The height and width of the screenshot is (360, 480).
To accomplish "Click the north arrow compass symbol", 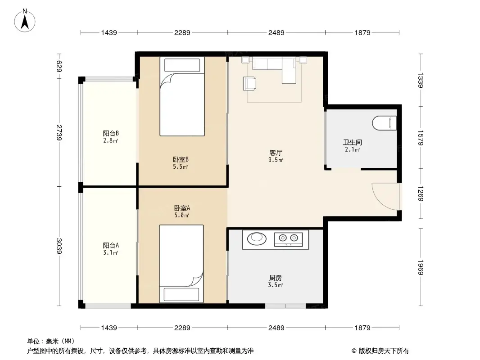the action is point(25,21).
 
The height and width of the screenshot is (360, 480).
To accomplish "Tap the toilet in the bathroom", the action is point(385,123).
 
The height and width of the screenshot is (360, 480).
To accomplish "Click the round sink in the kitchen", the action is point(257,238).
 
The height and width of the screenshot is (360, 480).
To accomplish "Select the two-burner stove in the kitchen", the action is point(288,238).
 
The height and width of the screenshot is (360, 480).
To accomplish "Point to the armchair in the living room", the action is point(249,84).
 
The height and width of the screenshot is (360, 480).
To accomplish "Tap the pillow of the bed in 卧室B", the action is point(182,65).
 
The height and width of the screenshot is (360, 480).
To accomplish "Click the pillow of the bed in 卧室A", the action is point(181,294).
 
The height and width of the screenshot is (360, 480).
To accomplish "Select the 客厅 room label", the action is point(276,153).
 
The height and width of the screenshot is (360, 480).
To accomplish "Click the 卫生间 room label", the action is point(353,142).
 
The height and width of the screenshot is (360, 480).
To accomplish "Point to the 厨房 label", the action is point(276,278).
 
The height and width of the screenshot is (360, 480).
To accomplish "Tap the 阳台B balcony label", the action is point(111,133).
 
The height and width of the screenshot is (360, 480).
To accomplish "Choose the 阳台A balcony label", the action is point(111,245).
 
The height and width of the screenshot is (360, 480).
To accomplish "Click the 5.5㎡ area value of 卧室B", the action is point(180,166).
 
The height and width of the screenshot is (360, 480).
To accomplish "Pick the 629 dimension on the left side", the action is point(59,66).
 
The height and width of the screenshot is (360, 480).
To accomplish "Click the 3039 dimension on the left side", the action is point(59,246).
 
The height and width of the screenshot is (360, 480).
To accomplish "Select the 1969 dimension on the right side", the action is point(421,267).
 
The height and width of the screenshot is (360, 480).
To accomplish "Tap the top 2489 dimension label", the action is point(276,32).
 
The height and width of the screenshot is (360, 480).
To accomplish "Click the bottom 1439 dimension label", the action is point(109,328).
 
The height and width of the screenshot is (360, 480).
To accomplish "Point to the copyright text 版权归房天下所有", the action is point(384,351).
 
